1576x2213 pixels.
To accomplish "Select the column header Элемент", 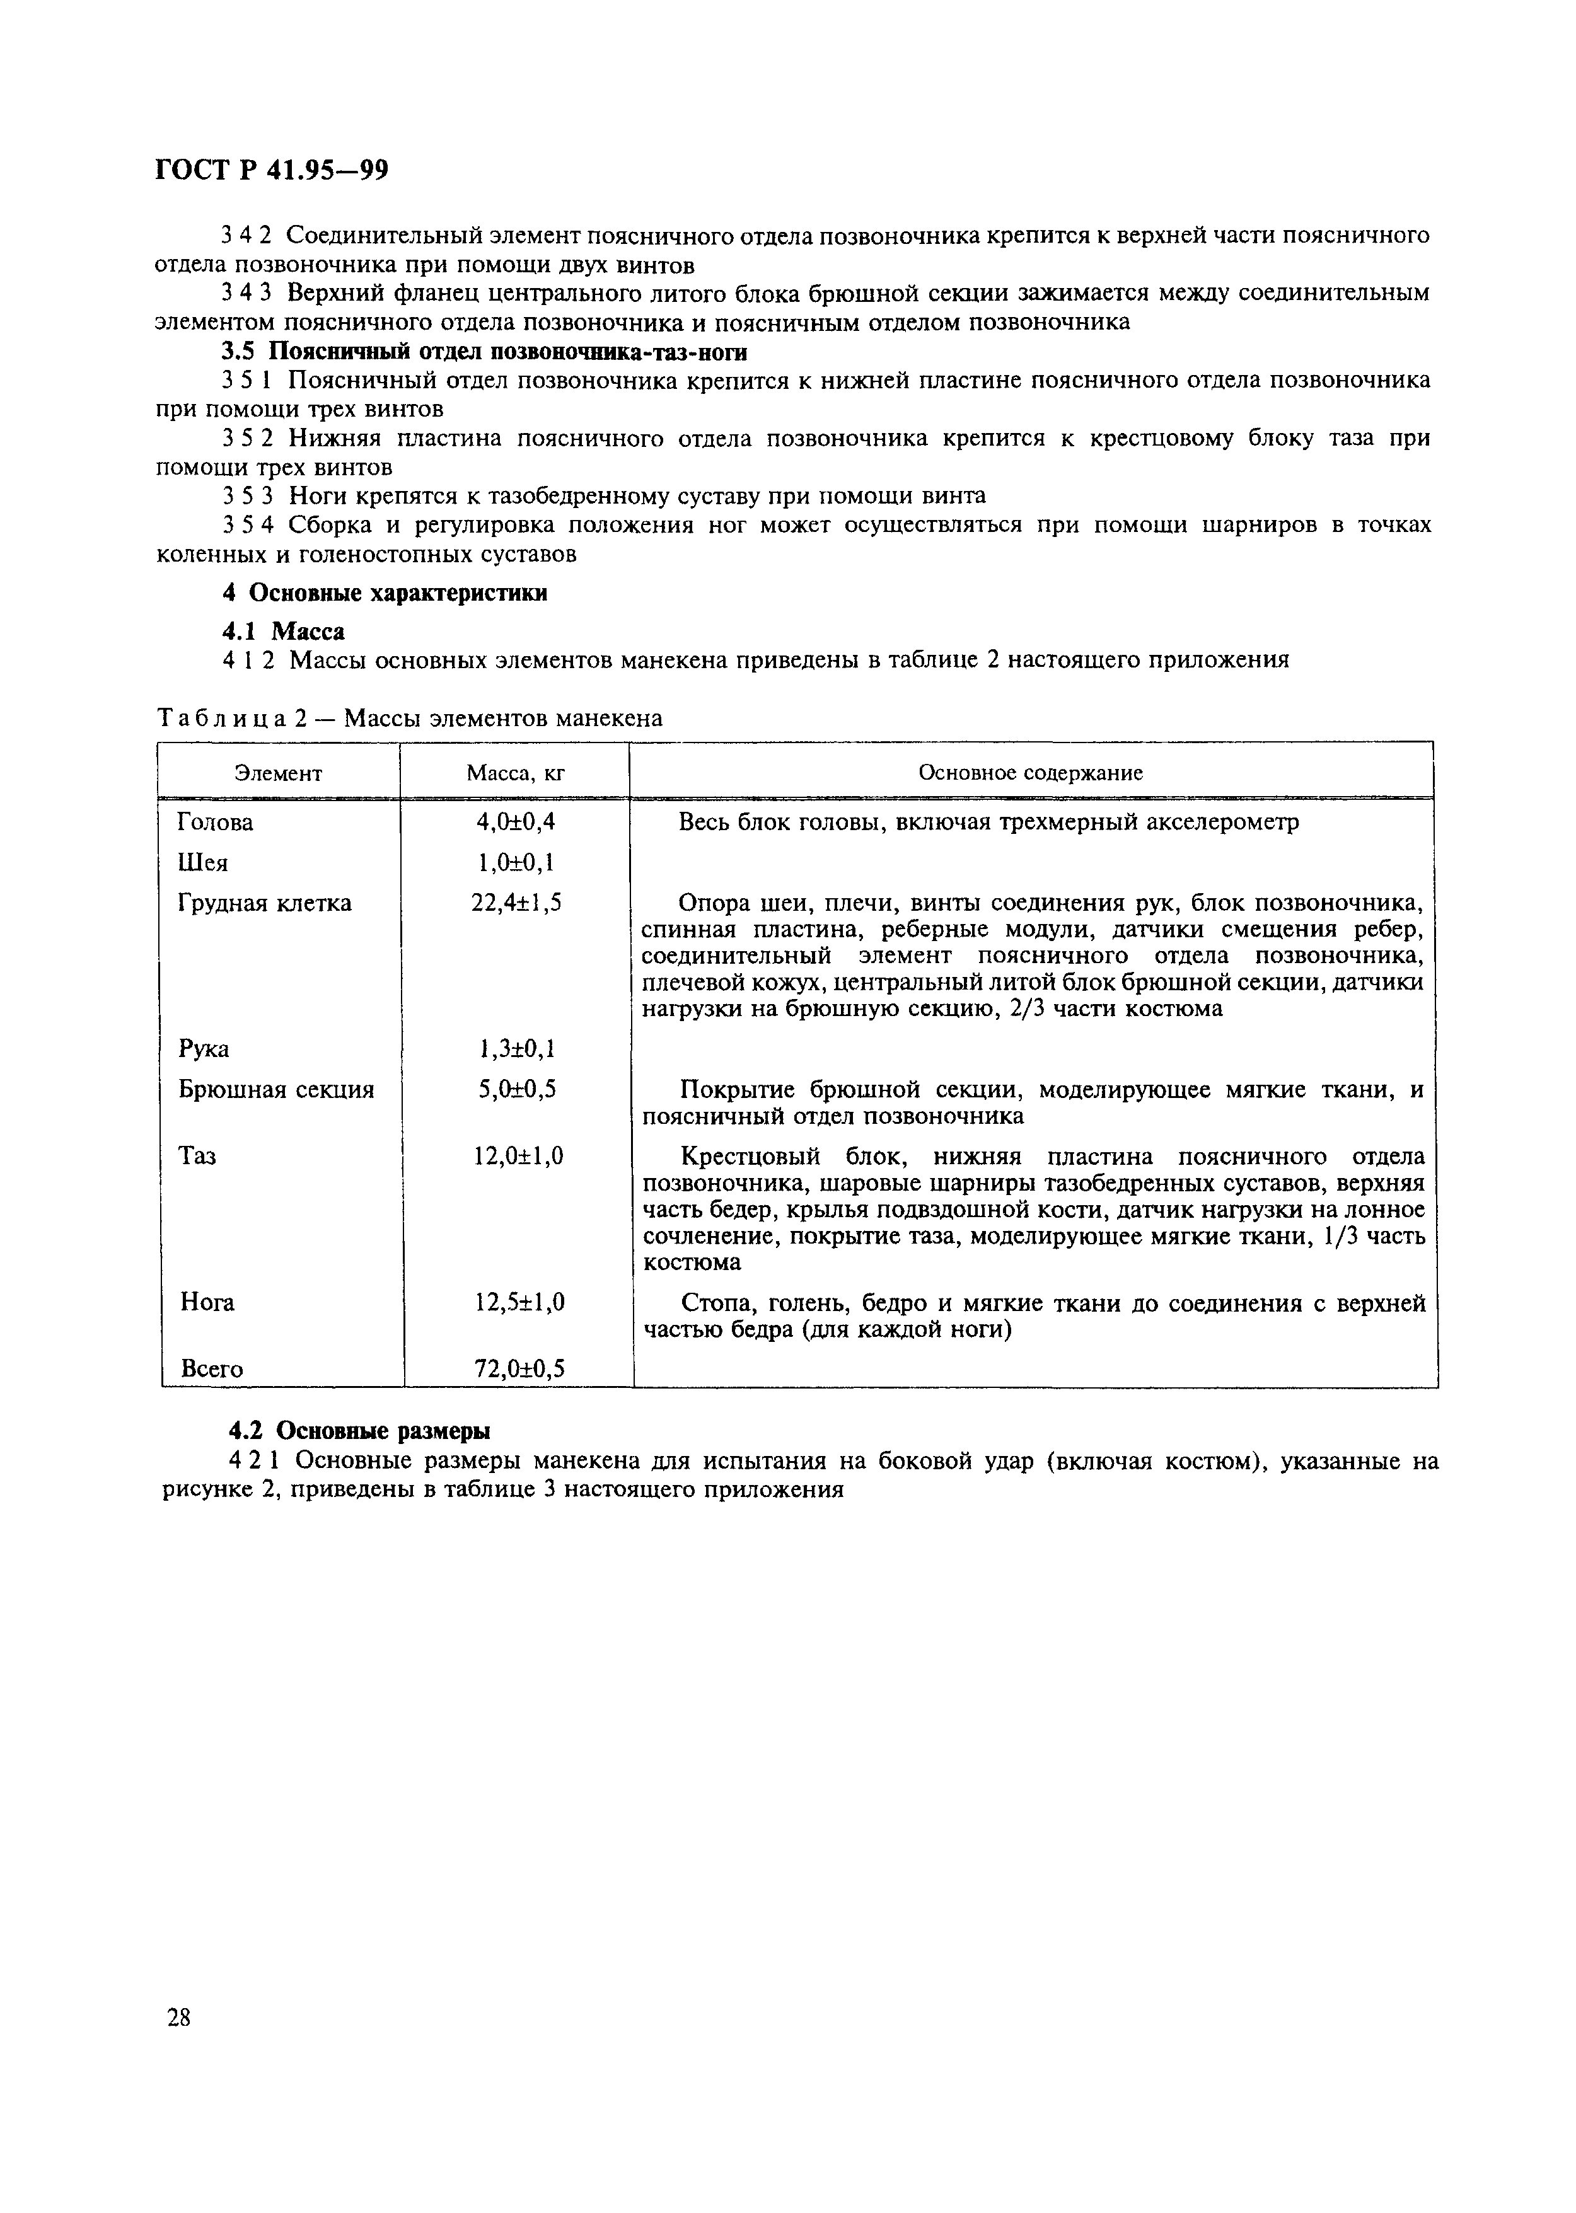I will [x=279, y=773].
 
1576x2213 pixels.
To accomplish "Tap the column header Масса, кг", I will [x=515, y=773].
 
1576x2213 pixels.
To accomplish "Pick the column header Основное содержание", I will [x=1031, y=773].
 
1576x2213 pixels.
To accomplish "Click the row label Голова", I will [x=216, y=823].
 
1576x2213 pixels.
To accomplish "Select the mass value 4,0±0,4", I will [x=515, y=823].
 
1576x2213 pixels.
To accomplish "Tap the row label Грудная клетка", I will [x=265, y=903].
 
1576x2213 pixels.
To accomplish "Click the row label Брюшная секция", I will [x=277, y=1090].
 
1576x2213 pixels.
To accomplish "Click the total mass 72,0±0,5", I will [x=519, y=1369].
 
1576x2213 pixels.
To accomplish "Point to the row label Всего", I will [x=212, y=1369].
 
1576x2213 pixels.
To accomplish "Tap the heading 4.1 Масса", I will [x=284, y=632].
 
